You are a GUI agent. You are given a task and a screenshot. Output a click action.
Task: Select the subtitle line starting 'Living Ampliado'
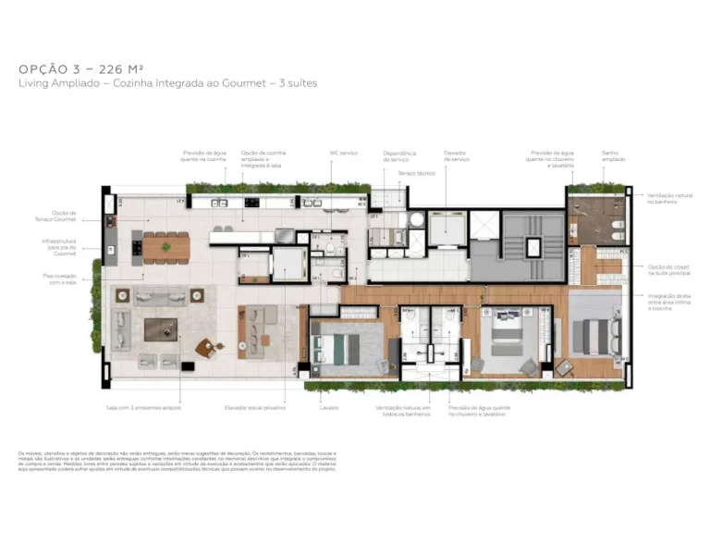coord(167,83)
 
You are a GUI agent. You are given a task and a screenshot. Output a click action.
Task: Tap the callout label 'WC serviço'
coord(343,153)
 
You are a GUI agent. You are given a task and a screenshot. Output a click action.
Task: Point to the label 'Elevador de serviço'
coord(457,157)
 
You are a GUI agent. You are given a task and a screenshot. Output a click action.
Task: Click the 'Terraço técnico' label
coord(416,173)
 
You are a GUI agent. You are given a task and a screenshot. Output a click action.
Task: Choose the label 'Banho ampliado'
coord(612,155)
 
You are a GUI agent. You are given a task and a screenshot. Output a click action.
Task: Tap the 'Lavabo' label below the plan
coord(329,407)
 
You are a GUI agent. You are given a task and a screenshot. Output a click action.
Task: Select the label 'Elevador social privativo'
coord(254,407)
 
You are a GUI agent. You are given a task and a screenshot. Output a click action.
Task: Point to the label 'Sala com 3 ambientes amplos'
coord(143,407)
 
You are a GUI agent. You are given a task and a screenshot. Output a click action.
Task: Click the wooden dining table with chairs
coord(165,246)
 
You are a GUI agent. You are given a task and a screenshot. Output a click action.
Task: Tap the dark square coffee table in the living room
coord(160,328)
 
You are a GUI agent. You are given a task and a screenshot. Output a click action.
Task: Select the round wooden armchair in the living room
coord(205,349)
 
